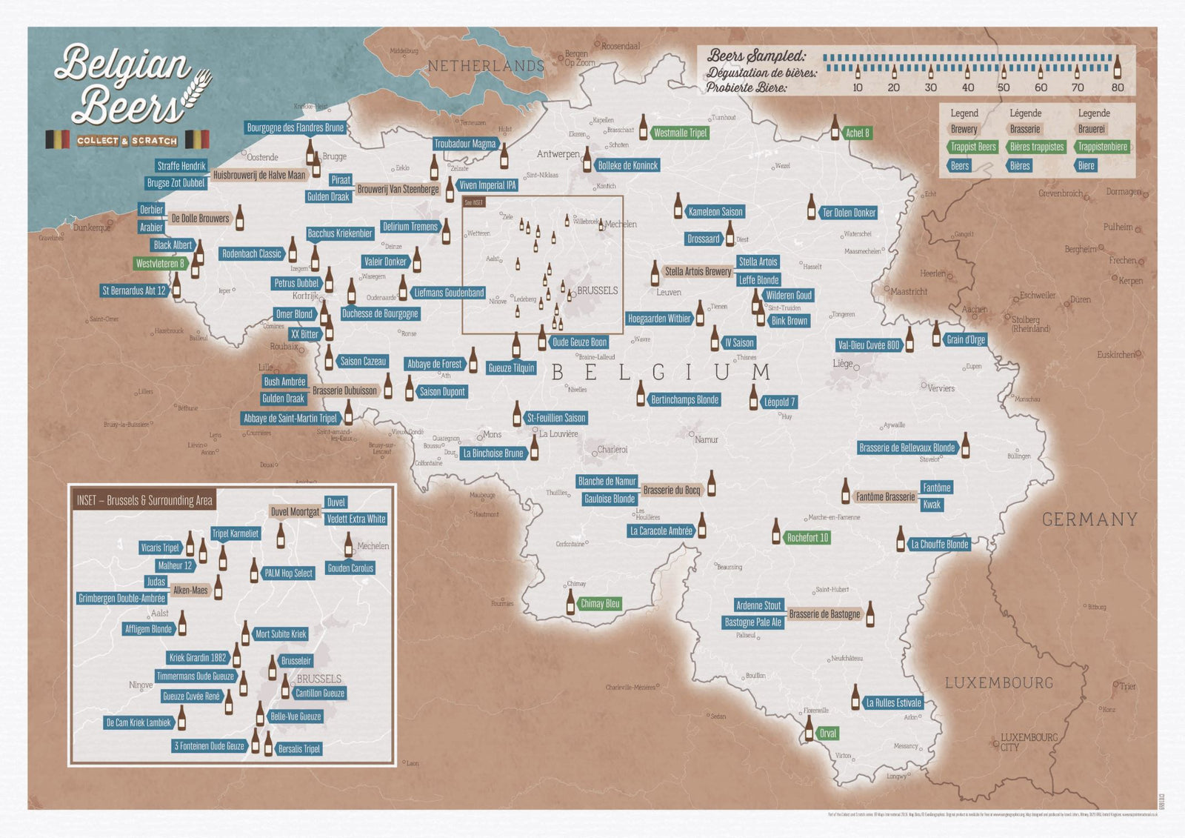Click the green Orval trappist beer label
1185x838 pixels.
[x=827, y=734]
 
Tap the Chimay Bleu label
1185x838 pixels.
[x=599, y=604]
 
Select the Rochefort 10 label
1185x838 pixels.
[x=807, y=538]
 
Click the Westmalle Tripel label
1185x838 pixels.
[x=680, y=133]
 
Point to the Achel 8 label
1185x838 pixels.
[x=857, y=133]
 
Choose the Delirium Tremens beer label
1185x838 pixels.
[x=410, y=227]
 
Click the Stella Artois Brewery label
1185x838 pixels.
[x=697, y=272]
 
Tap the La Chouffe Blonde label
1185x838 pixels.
[x=939, y=544]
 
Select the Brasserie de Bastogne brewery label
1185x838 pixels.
[x=824, y=614]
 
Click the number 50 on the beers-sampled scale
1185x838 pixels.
[x=1004, y=87]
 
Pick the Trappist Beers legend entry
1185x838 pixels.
[x=972, y=147]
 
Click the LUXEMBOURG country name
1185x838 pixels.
[x=998, y=682]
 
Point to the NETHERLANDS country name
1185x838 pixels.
[x=486, y=66]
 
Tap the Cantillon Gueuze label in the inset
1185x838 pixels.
[x=319, y=694]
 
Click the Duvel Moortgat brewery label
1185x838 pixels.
[x=295, y=512]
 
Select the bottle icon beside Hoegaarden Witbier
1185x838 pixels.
[x=700, y=313]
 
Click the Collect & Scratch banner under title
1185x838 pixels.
[x=127, y=141]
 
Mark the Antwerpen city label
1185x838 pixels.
[x=558, y=154]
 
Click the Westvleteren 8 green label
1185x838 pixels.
[x=160, y=263]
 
